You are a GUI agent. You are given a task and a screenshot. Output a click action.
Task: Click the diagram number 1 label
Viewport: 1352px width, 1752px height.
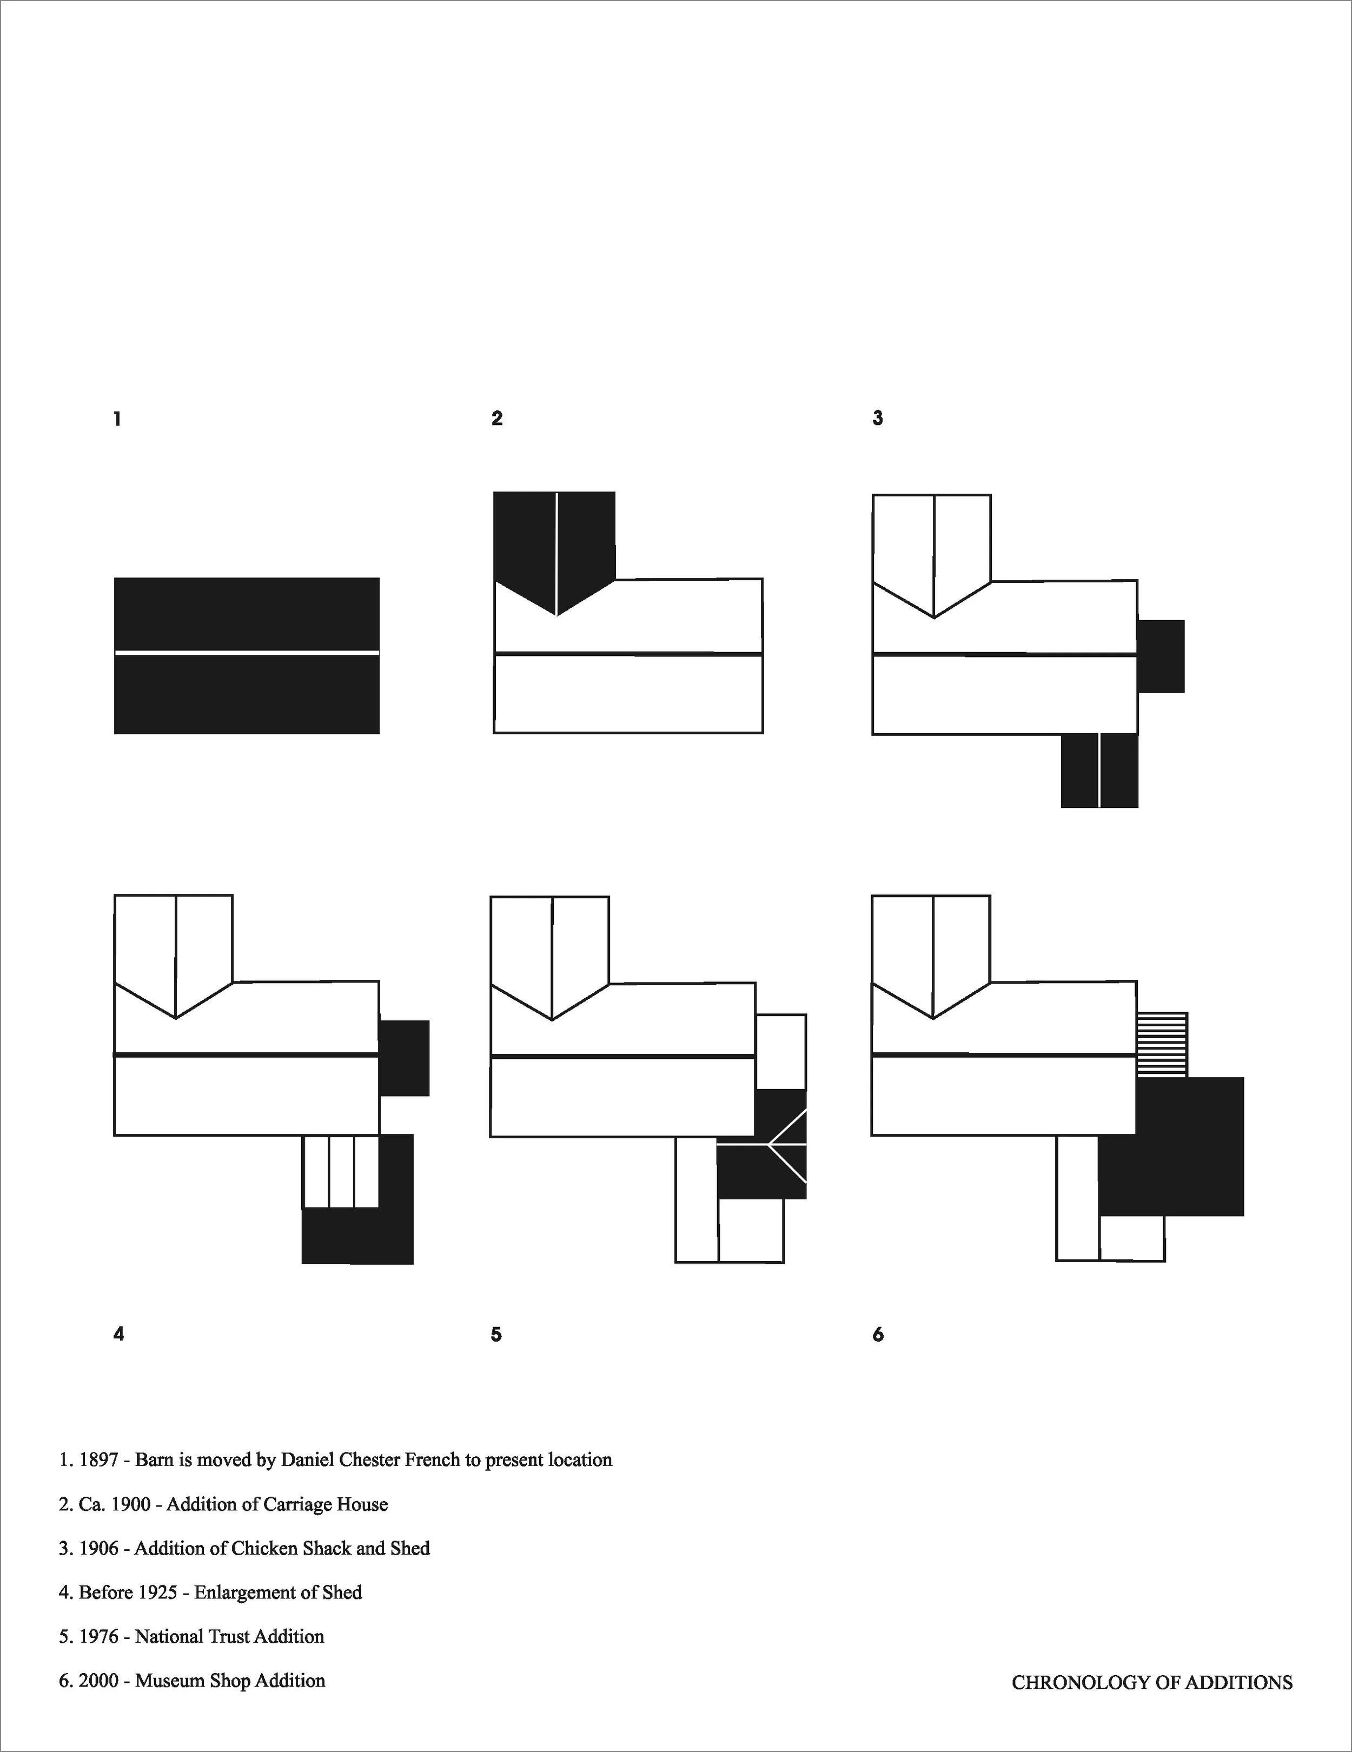(118, 419)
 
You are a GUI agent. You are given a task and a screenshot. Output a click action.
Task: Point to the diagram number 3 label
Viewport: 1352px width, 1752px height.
(878, 418)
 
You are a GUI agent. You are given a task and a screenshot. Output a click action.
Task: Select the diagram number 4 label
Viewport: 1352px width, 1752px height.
(119, 1334)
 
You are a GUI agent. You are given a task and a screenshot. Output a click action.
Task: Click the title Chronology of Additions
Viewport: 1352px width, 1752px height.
(1151, 1682)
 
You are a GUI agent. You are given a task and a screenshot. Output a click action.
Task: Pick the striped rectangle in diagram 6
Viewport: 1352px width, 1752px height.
(1162, 1045)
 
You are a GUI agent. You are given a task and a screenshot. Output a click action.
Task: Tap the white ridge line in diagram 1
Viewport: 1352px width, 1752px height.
(246, 654)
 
